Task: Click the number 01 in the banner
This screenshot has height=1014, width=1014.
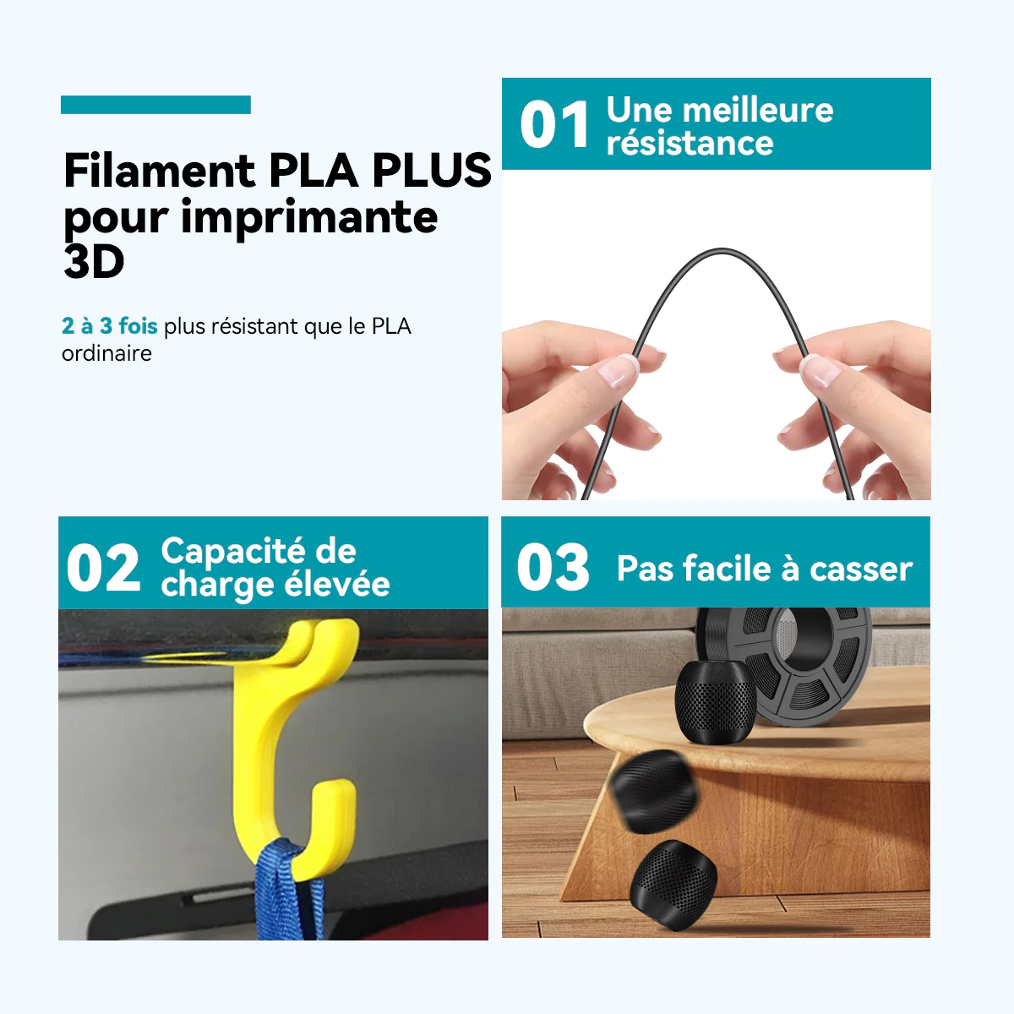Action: [554, 125]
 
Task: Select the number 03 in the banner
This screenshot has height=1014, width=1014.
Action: [553, 567]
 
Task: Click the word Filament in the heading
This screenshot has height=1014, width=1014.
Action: [160, 171]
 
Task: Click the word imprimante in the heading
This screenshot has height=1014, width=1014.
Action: [309, 218]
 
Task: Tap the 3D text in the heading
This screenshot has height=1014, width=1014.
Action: [94, 261]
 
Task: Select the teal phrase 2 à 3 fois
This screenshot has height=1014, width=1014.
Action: [110, 325]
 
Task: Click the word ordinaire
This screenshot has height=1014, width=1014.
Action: [106, 353]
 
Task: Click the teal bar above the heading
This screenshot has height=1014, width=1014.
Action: [155, 105]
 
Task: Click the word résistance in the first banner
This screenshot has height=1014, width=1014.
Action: [690, 142]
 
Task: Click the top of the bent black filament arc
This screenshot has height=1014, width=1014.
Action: [722, 250]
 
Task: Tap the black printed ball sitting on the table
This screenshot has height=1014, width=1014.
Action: [716, 702]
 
